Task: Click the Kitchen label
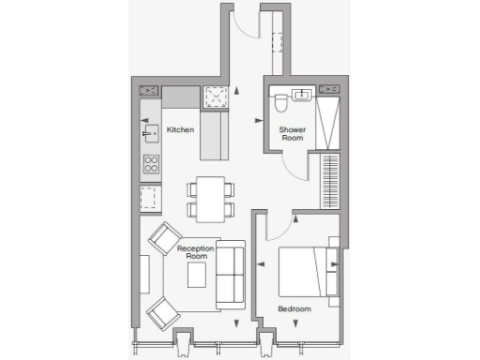[180, 129]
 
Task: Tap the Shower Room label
[293, 135]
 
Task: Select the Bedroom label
[294, 308]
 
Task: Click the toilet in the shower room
[279, 100]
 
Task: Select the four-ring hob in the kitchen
[150, 165]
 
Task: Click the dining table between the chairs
[212, 198]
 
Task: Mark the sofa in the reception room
[230, 275]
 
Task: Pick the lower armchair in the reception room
[163, 313]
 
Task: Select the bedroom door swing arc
[278, 228]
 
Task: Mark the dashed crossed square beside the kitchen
[216, 96]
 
